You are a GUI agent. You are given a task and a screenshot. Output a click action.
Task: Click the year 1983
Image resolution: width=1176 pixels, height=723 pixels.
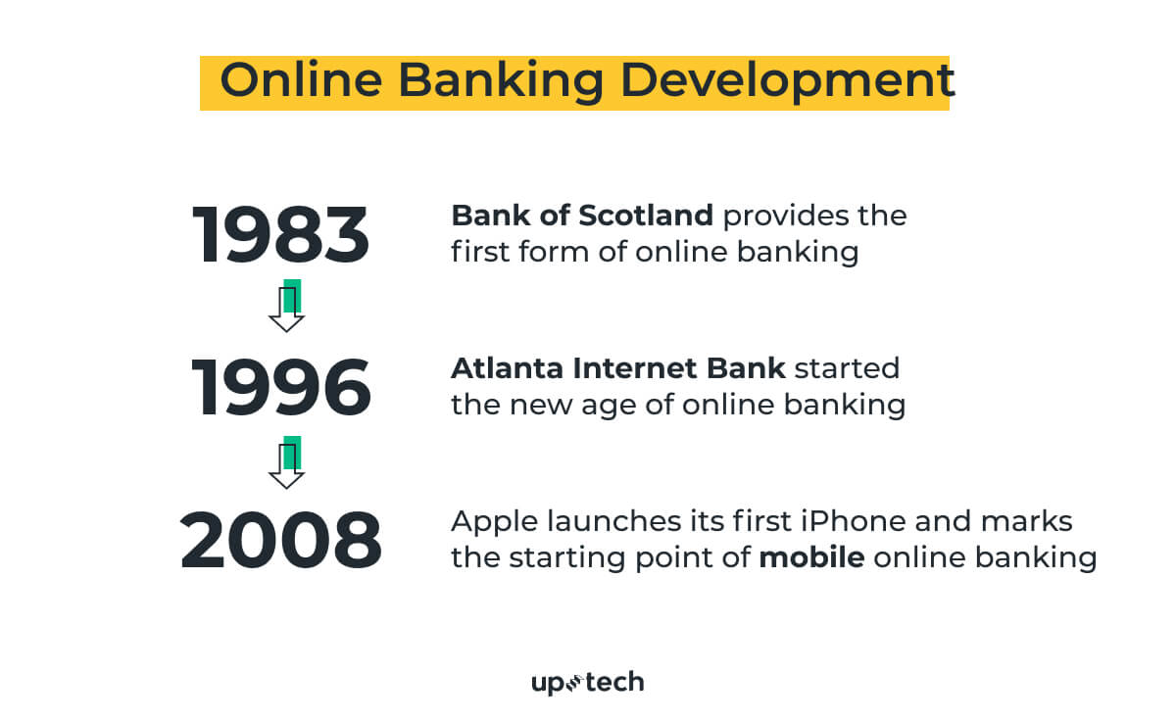tap(281, 236)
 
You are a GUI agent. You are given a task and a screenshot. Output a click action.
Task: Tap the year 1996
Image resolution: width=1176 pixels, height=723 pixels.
tap(281, 389)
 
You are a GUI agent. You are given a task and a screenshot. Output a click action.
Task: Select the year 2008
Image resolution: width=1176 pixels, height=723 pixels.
tap(281, 542)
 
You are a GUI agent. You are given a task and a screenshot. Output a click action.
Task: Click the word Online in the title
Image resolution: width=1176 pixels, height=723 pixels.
tap(301, 81)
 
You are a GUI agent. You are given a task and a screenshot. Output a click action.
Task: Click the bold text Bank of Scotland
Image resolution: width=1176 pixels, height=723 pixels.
tap(582, 216)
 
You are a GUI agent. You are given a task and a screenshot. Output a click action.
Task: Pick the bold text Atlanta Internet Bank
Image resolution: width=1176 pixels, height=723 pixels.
tap(618, 368)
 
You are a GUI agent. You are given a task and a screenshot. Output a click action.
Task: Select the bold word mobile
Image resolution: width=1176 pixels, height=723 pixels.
tap(811, 557)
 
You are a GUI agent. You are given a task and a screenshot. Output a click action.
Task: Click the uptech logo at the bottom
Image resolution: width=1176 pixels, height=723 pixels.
tap(587, 683)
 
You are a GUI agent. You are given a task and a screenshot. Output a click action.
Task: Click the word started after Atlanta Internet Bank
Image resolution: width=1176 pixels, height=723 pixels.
tap(847, 368)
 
